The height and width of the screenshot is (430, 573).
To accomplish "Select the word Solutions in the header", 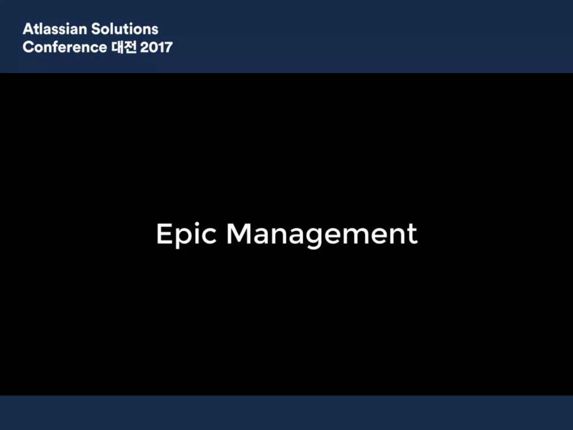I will (125, 29).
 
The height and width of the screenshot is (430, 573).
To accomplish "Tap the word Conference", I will (65, 47).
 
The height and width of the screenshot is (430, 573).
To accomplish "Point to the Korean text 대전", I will (124, 47).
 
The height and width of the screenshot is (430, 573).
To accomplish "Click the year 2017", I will (156, 47).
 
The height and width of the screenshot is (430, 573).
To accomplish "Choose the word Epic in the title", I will (186, 234).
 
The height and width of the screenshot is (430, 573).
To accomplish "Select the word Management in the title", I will (322, 234).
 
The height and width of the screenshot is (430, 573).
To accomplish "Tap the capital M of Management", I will (238, 234).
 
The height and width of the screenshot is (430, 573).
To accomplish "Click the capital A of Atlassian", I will (28, 29).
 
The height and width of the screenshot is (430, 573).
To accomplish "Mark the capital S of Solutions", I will (97, 29).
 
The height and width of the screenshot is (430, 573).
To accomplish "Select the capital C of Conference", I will (28, 47).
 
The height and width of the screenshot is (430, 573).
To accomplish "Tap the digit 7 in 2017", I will (168, 47).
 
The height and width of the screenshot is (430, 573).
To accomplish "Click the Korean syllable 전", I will (130, 47).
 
